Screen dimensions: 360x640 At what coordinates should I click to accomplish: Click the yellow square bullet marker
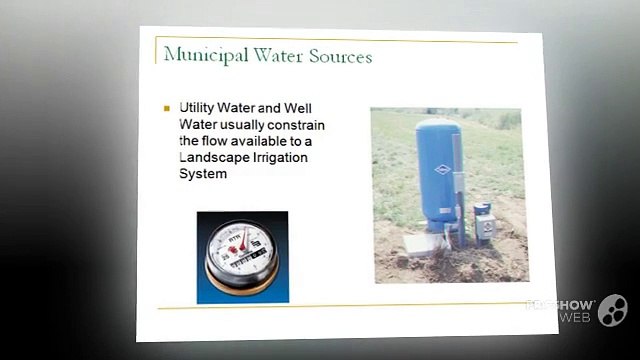tap(167, 108)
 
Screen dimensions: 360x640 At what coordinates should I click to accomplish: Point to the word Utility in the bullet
tap(197, 107)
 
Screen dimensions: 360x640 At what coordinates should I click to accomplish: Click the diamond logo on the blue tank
tap(441, 169)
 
